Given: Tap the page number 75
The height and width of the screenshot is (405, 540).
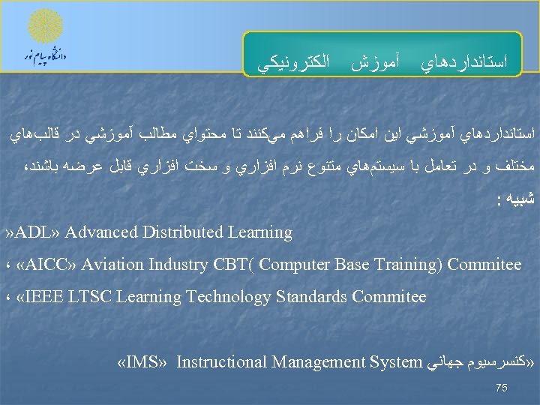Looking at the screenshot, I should coord(502,388).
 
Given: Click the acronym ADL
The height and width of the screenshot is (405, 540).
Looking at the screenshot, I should coord(37,232).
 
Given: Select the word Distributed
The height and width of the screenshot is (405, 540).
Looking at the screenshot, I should coord(178,232).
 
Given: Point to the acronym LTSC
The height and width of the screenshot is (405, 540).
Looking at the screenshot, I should coord(94,297).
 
